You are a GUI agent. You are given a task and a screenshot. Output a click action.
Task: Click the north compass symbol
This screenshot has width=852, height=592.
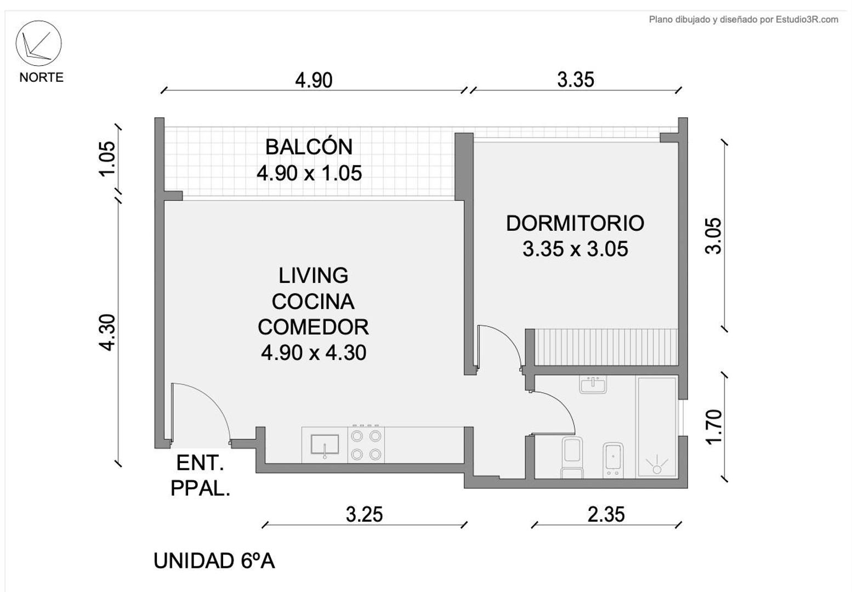click(x=38, y=44)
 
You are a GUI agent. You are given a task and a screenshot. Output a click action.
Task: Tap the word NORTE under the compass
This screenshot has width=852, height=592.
click(x=41, y=77)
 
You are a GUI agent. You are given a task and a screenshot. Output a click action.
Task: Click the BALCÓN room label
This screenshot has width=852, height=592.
click(x=309, y=147)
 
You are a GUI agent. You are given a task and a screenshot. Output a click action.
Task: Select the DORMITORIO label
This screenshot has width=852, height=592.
click(x=575, y=223)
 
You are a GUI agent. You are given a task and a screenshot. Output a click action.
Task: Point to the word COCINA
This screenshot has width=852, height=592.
click(x=313, y=301)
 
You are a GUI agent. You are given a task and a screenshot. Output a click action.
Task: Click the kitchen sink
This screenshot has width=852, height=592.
click(x=325, y=445)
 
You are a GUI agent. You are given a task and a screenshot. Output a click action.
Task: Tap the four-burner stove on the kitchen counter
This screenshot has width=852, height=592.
click(x=366, y=445)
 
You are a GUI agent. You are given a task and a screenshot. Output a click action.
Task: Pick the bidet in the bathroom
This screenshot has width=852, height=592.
click(x=613, y=459)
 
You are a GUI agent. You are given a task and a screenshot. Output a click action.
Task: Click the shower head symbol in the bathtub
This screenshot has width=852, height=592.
click(x=657, y=468)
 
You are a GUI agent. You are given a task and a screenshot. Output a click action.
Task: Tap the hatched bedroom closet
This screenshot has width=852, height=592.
click(x=606, y=346)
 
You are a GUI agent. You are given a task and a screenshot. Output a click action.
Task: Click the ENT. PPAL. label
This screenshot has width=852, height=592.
click(x=200, y=475)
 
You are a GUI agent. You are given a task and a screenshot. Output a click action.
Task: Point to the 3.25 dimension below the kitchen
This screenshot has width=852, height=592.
click(x=364, y=515)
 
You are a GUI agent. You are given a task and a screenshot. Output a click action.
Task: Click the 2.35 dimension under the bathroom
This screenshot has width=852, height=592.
click(x=606, y=515)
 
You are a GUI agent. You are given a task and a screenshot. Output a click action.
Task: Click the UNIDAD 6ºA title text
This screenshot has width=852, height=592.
click(x=214, y=561)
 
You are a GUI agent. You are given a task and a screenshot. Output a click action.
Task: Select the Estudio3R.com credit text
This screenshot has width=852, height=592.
click(x=743, y=20)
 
